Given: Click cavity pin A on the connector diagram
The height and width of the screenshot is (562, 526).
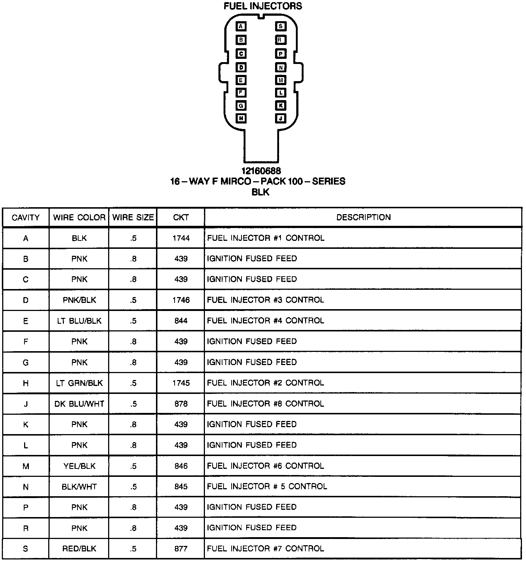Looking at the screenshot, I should pos(241,26).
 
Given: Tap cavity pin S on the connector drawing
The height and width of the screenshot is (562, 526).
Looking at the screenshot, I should pos(281,26).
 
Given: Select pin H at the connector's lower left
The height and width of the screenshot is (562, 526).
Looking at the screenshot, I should pos(241,118).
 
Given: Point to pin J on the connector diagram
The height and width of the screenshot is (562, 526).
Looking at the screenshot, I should pos(281,118).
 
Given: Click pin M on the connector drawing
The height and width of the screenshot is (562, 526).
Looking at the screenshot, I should pos(281,80).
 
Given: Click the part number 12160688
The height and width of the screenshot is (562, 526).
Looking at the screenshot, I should pos(261,171).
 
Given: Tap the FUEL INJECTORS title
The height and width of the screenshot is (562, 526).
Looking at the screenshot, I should pos(263,6).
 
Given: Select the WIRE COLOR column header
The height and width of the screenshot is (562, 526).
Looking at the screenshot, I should pos(79,217).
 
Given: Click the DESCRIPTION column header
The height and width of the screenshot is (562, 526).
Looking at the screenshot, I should pos(363,217).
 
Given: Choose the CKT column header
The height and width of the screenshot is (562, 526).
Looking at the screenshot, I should pos(181,217).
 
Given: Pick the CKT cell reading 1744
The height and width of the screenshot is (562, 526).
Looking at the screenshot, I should pos(181,238).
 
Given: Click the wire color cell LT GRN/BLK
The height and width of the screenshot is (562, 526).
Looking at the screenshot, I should pos(79,383).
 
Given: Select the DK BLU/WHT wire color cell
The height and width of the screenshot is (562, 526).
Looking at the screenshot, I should pos(79,404).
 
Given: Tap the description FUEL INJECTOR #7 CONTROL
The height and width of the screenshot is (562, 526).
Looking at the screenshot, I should pos(265,548).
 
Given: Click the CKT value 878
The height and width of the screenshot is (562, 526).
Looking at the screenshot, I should pos(181,404).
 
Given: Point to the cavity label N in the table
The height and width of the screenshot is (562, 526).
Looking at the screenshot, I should pos(26,487).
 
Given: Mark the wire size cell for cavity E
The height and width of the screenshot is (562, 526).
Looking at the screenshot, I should pos(133,321).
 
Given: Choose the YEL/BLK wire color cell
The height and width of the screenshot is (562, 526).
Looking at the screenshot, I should pos(79,466).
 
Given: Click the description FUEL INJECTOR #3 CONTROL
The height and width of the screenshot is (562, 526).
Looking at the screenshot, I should pos(265,300).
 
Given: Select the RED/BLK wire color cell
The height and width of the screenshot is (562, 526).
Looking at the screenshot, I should pos(79,548).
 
